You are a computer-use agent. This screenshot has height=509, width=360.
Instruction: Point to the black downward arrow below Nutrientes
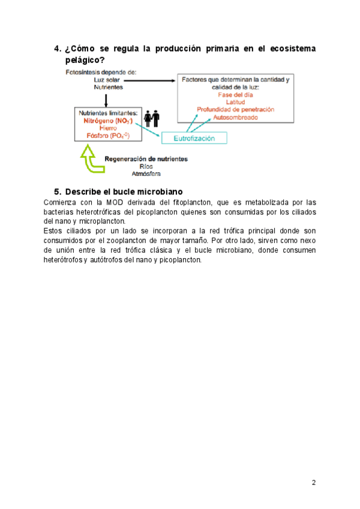pos(106,99)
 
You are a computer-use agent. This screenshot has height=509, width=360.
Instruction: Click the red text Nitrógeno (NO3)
pos(109,121)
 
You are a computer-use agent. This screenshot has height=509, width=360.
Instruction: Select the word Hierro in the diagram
pos(109,128)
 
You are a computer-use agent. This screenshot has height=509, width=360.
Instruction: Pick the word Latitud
pos(235,101)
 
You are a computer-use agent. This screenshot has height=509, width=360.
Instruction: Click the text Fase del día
pos(235,94)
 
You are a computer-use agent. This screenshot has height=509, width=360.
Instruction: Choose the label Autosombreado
pos(236,117)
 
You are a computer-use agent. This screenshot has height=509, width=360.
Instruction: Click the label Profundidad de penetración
pos(236,109)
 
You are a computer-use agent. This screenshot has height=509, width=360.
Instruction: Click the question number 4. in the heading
pos(58,48)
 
